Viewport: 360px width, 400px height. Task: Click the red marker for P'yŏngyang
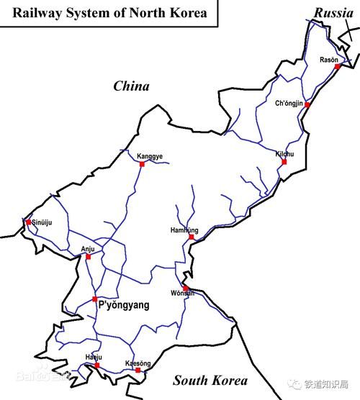pos(94,299)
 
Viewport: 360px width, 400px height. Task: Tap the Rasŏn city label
pos(329,60)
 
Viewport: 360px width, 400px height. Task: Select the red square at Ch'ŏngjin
pos(307,105)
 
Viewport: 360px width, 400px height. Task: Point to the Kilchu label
pos(285,154)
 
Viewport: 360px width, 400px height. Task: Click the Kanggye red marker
pos(142,164)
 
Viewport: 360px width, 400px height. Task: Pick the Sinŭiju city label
pos(43,223)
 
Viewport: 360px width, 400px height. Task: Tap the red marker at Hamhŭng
pos(191,237)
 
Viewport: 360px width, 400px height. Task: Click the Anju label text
pos(88,249)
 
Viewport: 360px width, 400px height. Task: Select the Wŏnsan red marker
pos(185,288)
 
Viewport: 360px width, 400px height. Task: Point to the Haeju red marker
pos(96,365)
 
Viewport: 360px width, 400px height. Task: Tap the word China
pos(132,86)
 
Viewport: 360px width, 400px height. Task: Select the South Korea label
pos(210,381)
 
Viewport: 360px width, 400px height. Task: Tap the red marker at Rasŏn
pos(336,66)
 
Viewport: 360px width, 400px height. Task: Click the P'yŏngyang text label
pos(123,306)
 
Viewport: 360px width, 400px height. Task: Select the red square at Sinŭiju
pos(28,222)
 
